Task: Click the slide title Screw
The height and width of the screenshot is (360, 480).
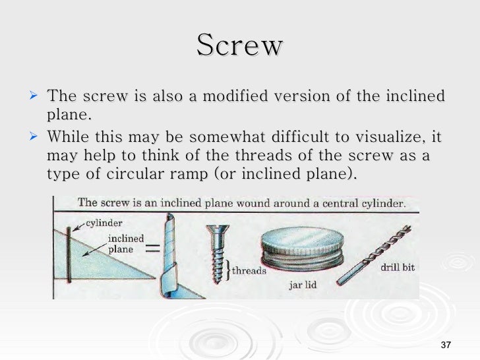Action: tap(239, 46)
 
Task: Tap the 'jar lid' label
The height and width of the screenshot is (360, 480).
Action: tap(305, 285)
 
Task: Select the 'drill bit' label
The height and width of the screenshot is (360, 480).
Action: tap(397, 268)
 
